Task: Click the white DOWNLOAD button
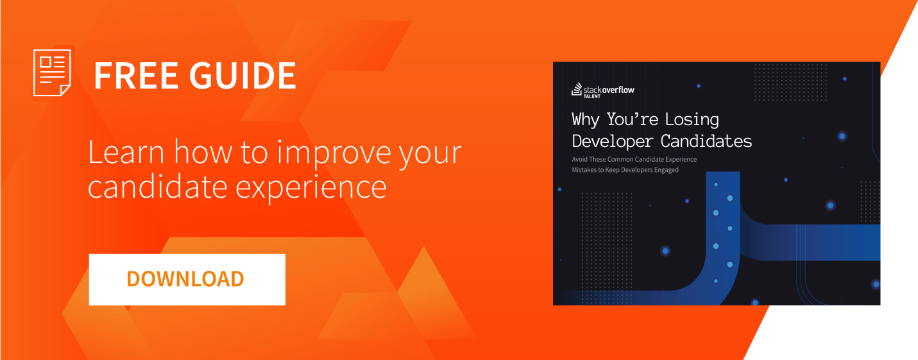[x=187, y=279]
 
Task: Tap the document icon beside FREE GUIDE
[x=52, y=73]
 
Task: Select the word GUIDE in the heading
[x=242, y=76]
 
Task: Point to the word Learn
[x=126, y=153]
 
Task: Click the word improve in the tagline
[x=334, y=155]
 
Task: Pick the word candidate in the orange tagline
[x=157, y=187]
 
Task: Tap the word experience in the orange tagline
[x=311, y=189]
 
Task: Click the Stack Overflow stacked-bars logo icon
[x=577, y=89]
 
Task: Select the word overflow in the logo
[x=618, y=90]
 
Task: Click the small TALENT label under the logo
[x=591, y=96]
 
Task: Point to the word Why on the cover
[x=586, y=120]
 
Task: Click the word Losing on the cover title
[x=692, y=119]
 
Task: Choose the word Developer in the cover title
[x=612, y=141]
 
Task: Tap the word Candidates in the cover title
[x=706, y=141]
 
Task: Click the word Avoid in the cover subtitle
[x=579, y=159]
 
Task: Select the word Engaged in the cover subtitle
[x=667, y=170]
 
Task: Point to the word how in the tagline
[x=203, y=153]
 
